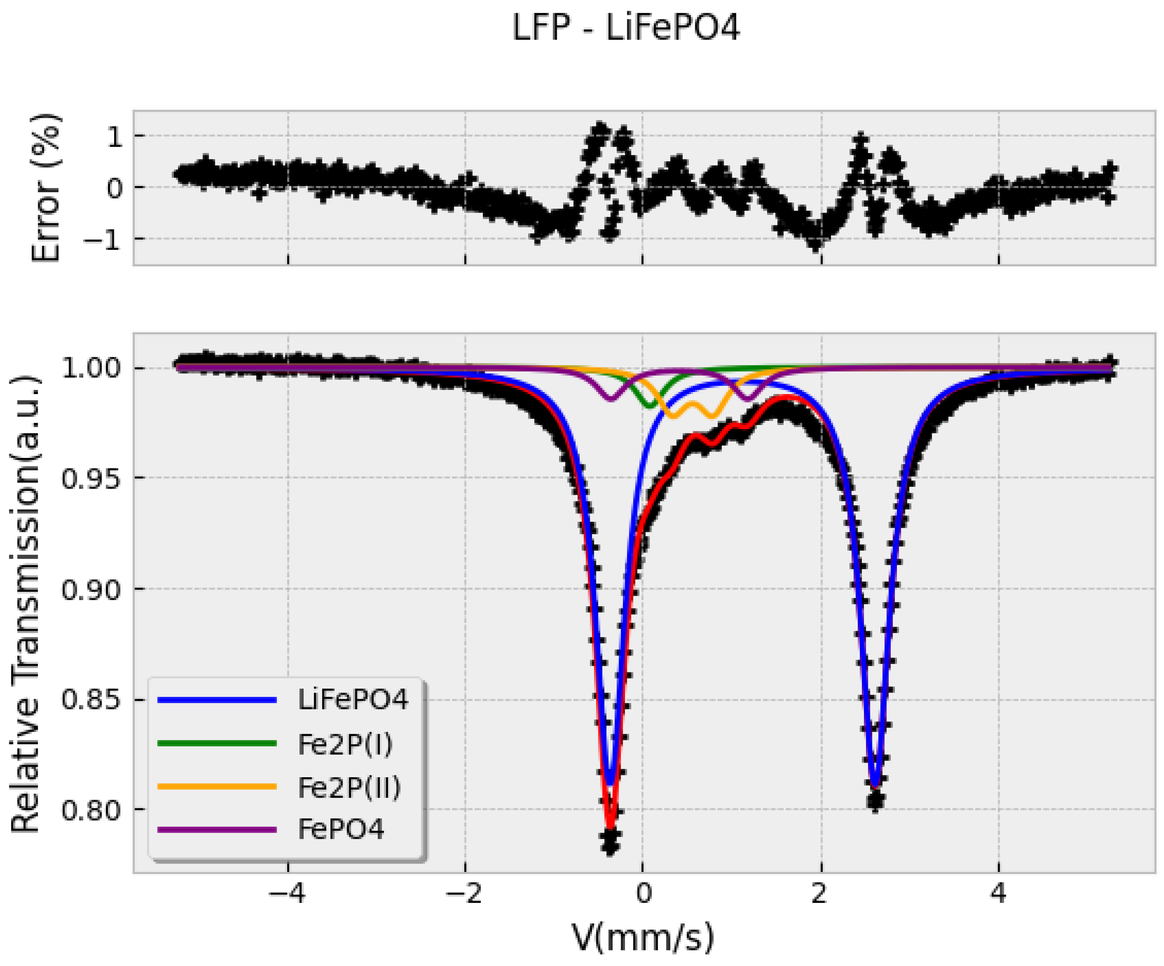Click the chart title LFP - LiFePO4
625,28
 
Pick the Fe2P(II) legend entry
349,787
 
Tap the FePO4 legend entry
340,830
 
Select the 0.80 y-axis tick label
91,810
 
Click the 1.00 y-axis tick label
91,368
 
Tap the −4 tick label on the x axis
287,894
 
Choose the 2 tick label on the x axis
820,894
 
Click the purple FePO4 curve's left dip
611,399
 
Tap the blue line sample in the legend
217,700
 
